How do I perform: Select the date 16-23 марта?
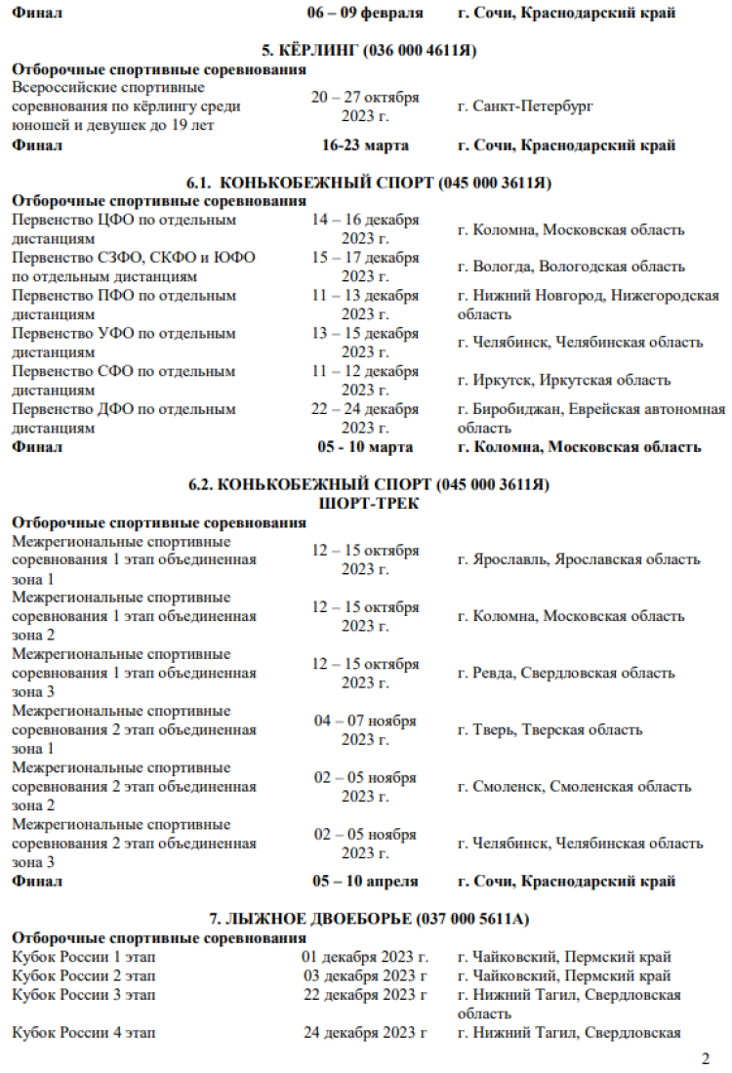point(365,145)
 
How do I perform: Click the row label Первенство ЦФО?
point(123,221)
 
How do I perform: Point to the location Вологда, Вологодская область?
point(571,267)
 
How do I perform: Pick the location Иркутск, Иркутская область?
point(563,381)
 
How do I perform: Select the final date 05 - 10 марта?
point(365,447)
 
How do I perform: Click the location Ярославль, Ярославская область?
point(578,559)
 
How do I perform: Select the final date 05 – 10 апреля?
point(365,881)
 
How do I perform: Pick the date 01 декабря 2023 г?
point(365,957)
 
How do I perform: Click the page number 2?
point(706,1058)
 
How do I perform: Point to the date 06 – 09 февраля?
point(365,12)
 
